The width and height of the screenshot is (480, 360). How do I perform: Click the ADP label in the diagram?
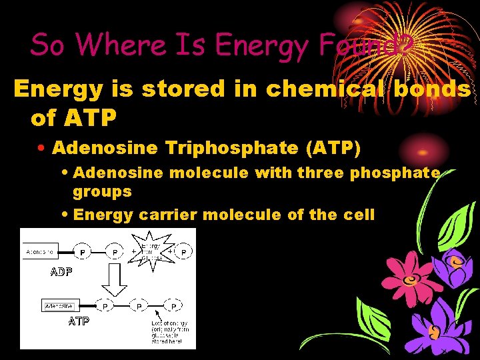pos(61,272)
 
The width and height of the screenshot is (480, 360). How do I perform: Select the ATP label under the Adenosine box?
pos(78,321)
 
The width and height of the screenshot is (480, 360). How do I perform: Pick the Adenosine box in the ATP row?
pos(59,306)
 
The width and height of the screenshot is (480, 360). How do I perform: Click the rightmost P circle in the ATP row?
pos(173,306)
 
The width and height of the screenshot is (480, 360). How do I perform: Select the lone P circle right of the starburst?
pos(184,252)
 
